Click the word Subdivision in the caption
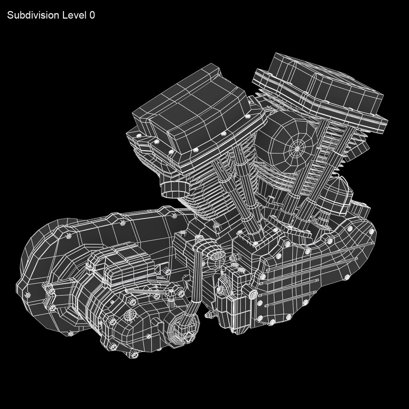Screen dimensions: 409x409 coord(33,16)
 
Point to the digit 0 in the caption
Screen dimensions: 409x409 coord(92,16)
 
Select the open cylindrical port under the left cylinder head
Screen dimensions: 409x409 coord(172,189)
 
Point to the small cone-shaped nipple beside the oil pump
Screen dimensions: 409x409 coord(209,315)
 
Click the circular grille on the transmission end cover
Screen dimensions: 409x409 coord(130,315)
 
